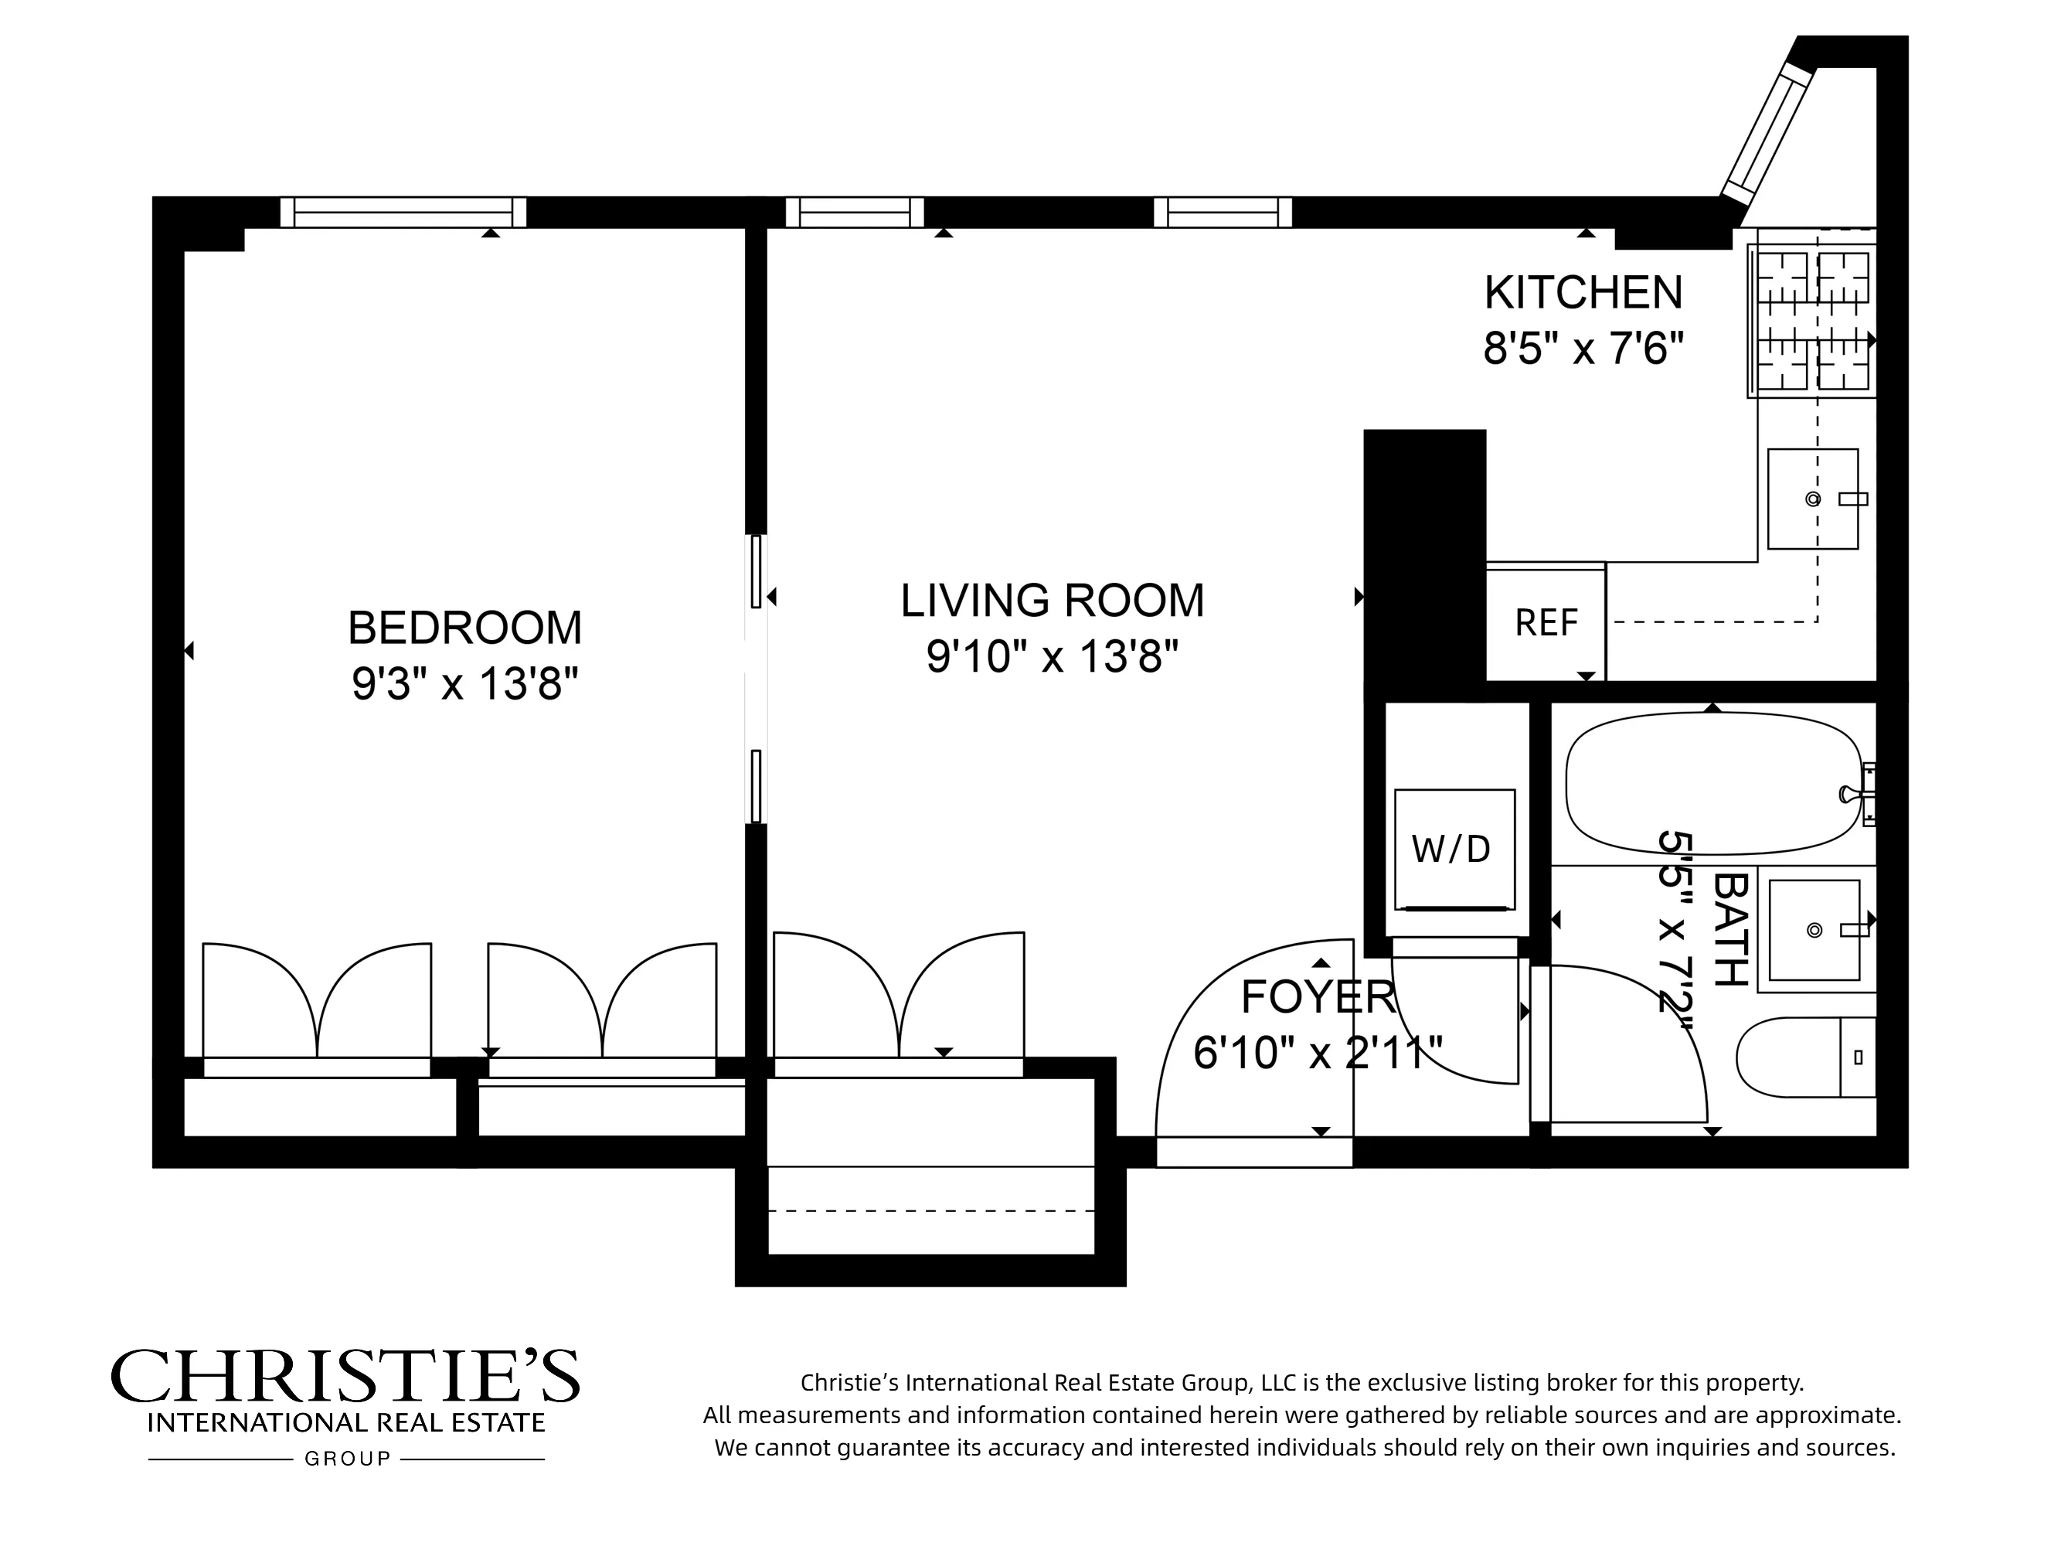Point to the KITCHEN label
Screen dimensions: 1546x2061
point(1583,293)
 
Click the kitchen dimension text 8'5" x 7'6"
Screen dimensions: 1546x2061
point(1583,349)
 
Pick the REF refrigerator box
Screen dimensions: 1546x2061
point(1546,622)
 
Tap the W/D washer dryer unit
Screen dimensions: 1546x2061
point(1454,849)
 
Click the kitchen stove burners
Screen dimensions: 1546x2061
point(1811,321)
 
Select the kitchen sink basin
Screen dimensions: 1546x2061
point(1812,499)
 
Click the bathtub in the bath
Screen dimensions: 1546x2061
point(1712,783)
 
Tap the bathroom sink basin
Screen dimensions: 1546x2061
point(1813,930)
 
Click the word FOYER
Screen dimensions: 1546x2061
point(1318,997)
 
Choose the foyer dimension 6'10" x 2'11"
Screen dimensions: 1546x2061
point(1318,1053)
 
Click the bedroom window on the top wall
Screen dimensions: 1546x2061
point(403,213)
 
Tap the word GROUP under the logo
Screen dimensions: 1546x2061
point(348,1459)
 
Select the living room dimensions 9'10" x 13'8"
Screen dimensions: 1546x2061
point(1052,656)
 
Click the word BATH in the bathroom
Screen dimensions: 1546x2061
point(1730,930)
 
